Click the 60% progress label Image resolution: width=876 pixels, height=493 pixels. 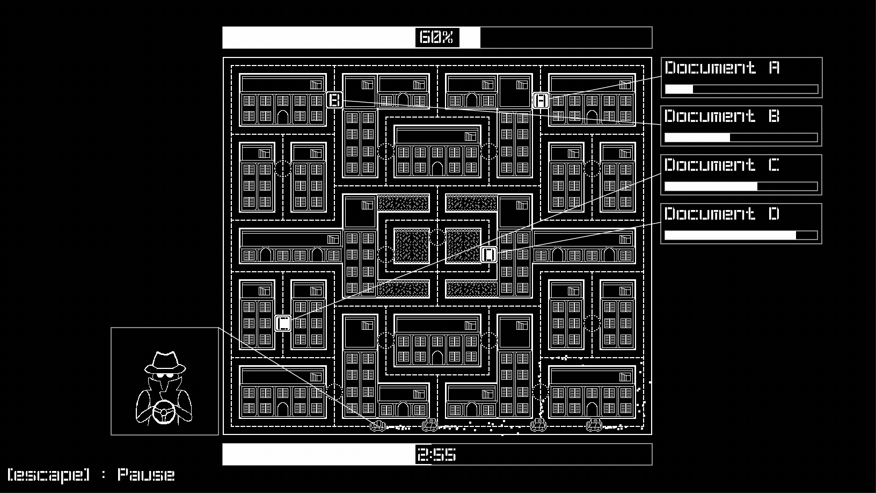[437, 38]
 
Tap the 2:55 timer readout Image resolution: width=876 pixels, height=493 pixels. [437, 455]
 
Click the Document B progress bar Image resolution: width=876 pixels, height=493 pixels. [741, 137]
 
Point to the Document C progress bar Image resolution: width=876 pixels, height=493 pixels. [741, 186]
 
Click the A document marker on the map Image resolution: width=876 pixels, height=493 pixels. [541, 100]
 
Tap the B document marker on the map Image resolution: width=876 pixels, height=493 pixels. [334, 100]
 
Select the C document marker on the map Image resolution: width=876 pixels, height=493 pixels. [283, 323]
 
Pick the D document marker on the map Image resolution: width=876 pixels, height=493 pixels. [489, 255]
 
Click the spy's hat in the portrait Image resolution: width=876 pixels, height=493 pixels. [165, 362]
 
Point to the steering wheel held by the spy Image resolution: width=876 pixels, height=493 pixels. [164, 412]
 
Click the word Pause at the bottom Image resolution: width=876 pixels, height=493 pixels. [146, 475]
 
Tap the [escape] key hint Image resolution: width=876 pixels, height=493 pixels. [48, 475]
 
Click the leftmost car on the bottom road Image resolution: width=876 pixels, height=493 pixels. [378, 425]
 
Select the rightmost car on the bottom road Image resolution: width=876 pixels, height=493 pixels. [594, 425]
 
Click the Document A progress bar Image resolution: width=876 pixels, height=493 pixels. [741, 89]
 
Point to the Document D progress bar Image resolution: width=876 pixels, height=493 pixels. [741, 235]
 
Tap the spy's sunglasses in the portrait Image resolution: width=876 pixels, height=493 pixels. [165, 375]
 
